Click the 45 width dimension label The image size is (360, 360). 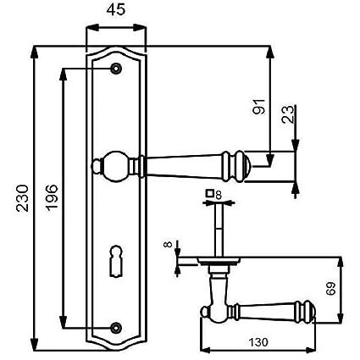[x=116, y=10]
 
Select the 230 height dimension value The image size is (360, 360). [x=22, y=198]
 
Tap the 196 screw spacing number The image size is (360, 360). [x=52, y=197]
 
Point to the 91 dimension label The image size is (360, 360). [x=259, y=107]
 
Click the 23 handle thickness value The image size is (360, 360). [x=288, y=114]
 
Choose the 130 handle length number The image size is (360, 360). [x=258, y=342]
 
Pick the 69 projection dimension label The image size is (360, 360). [x=330, y=288]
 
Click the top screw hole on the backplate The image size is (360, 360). [x=116, y=69]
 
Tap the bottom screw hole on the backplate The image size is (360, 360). [x=116, y=328]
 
